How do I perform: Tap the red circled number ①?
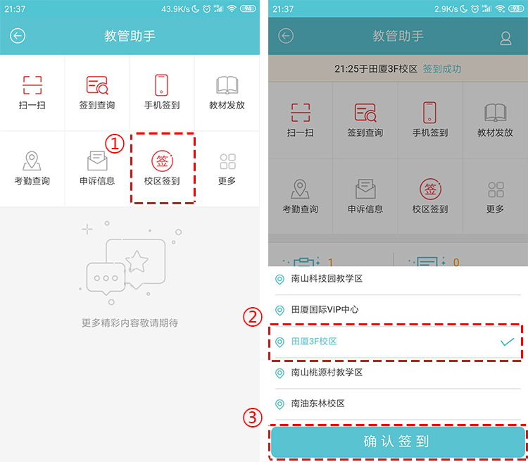pyautogui.click(x=115, y=144)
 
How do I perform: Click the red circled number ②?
pyautogui.click(x=253, y=317)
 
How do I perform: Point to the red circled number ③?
pyautogui.click(x=253, y=418)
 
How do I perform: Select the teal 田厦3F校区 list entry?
pyautogui.click(x=314, y=342)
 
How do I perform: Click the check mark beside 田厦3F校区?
pyautogui.click(x=507, y=342)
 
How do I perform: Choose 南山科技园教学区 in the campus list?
pyautogui.click(x=327, y=279)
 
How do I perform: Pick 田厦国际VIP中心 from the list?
pyautogui.click(x=325, y=310)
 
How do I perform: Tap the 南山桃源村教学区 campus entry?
pyautogui.click(x=327, y=373)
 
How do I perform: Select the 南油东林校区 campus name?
pyautogui.click(x=318, y=404)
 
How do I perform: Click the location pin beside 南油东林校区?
pyautogui.click(x=279, y=404)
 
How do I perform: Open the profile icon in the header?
pyautogui.click(x=505, y=39)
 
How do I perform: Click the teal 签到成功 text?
pyautogui.click(x=442, y=69)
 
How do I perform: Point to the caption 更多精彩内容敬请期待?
pyautogui.click(x=130, y=323)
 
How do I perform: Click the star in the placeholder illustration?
pyautogui.click(x=137, y=261)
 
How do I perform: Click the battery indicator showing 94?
pyautogui.click(x=248, y=8)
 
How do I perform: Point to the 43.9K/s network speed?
pyautogui.click(x=175, y=9)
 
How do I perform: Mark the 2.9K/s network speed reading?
pyautogui.click(x=446, y=9)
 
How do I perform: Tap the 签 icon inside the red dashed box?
pyautogui.click(x=162, y=161)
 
